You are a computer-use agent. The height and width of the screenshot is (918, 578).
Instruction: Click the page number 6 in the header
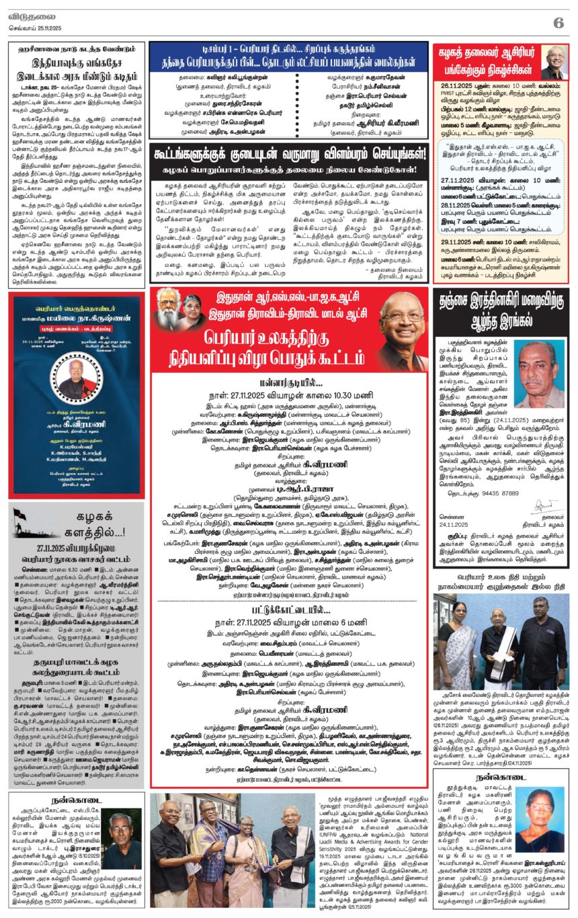(558, 22)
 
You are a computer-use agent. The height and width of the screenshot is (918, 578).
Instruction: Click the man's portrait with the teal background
(539, 374)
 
